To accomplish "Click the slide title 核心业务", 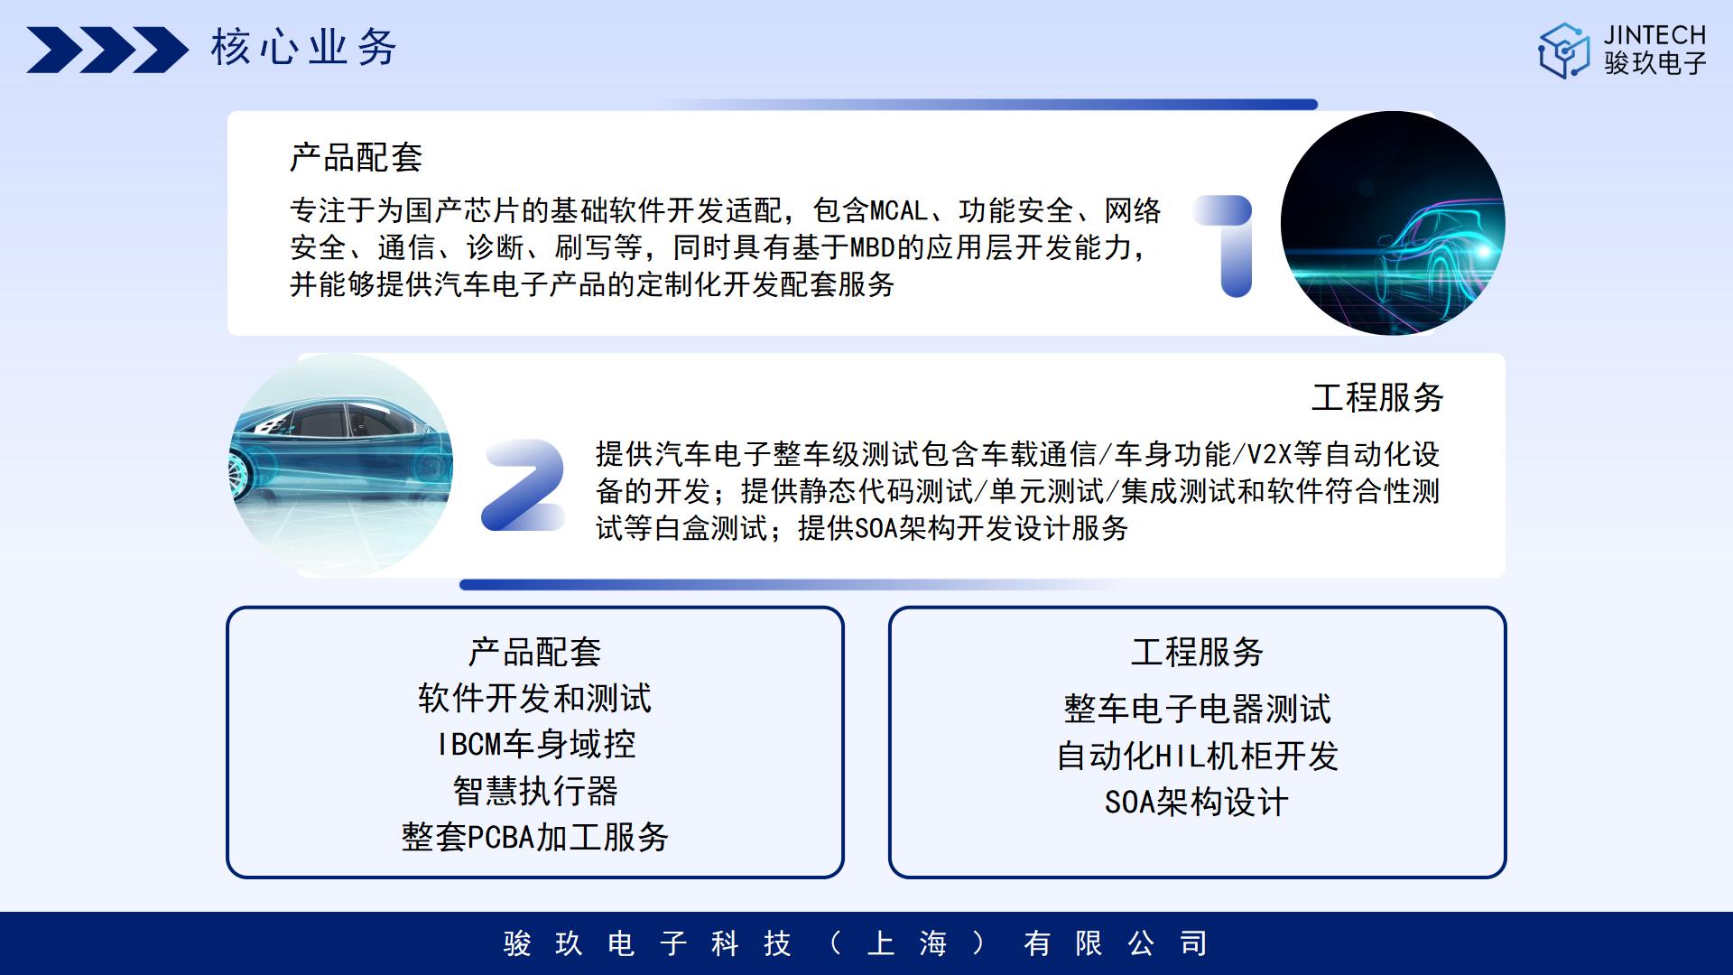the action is pyautogui.click(x=304, y=48).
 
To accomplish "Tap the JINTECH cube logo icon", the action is pyautogui.click(x=1563, y=51).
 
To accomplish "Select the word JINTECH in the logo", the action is pyautogui.click(x=1654, y=35).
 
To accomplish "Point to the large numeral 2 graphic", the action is pyautogui.click(x=524, y=485).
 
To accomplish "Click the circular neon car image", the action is pyautogui.click(x=1393, y=223).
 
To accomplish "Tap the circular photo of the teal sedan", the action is pyautogui.click(x=340, y=465).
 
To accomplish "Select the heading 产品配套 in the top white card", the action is pyautogui.click(x=356, y=158).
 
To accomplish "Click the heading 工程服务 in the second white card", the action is pyautogui.click(x=1377, y=397).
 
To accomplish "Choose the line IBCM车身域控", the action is pyautogui.click(x=536, y=744).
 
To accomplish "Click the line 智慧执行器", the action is pyautogui.click(x=536, y=791).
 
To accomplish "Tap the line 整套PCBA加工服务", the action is pyautogui.click(x=535, y=837).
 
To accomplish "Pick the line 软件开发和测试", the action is pyautogui.click(x=535, y=698).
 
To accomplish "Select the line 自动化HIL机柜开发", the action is pyautogui.click(x=1197, y=756).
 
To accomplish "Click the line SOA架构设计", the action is pyautogui.click(x=1197, y=802).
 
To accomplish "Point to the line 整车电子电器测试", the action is pyautogui.click(x=1197, y=709).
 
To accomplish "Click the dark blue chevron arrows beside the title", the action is pyautogui.click(x=107, y=50).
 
